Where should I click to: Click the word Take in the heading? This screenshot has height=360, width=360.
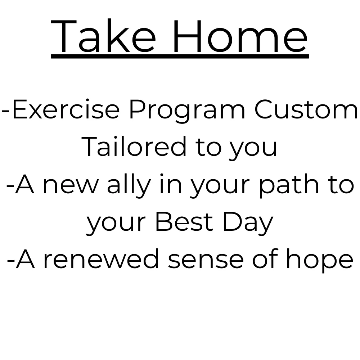pos(103,36)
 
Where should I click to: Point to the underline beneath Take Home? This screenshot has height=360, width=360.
pos(180,56)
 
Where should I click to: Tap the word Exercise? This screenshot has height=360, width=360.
pos(66,109)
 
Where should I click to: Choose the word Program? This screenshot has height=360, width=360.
pos(187,111)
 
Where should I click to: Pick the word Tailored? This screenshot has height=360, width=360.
pos(134,146)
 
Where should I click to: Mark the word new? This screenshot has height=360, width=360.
pos(71,186)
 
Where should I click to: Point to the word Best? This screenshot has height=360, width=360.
pos(184,221)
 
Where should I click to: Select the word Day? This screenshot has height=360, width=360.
pos(248,223)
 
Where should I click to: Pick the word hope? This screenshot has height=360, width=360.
pos(319,261)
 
